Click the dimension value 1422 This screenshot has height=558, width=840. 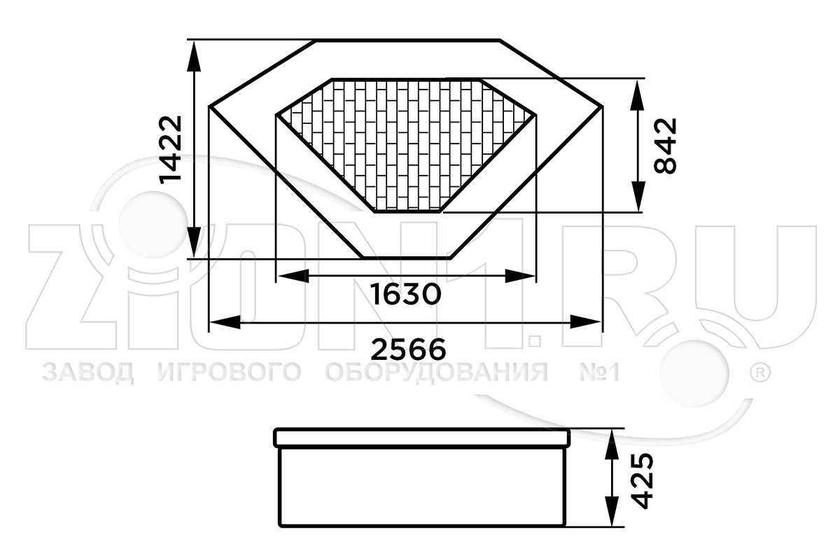click(x=170, y=150)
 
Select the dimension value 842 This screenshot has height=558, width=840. click(x=665, y=146)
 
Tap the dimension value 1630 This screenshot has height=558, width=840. click(x=406, y=294)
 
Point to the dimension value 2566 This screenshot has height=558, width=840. click(x=408, y=349)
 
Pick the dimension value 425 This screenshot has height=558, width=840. click(x=643, y=481)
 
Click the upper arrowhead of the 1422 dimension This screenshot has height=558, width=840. click(x=194, y=56)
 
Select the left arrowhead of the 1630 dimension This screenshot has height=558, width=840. click(x=293, y=276)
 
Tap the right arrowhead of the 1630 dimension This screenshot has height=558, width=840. click(x=520, y=276)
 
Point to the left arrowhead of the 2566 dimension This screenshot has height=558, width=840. click(x=225, y=322)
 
